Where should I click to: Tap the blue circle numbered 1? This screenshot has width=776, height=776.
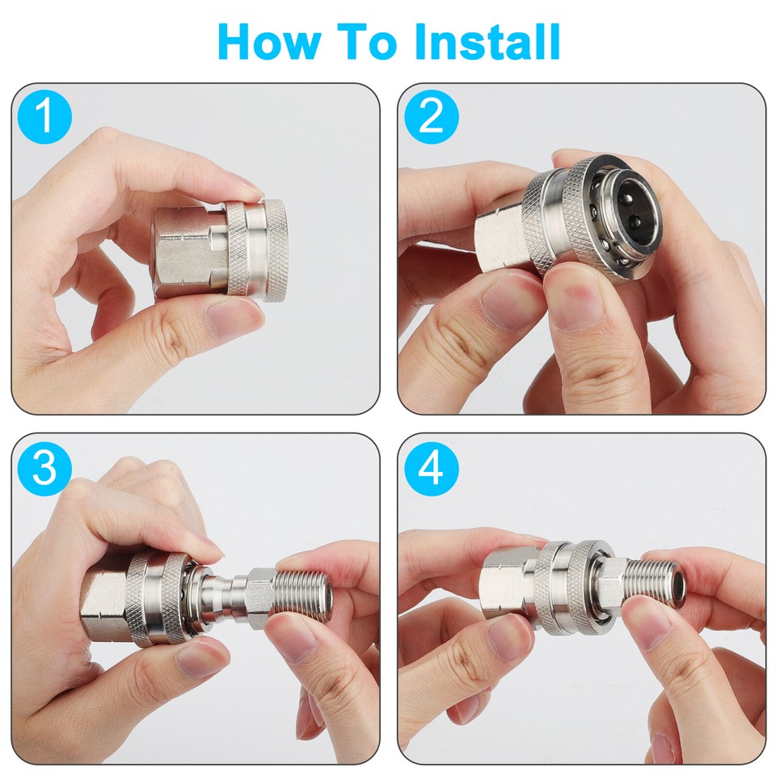(45, 117)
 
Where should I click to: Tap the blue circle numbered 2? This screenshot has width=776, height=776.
(432, 117)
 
